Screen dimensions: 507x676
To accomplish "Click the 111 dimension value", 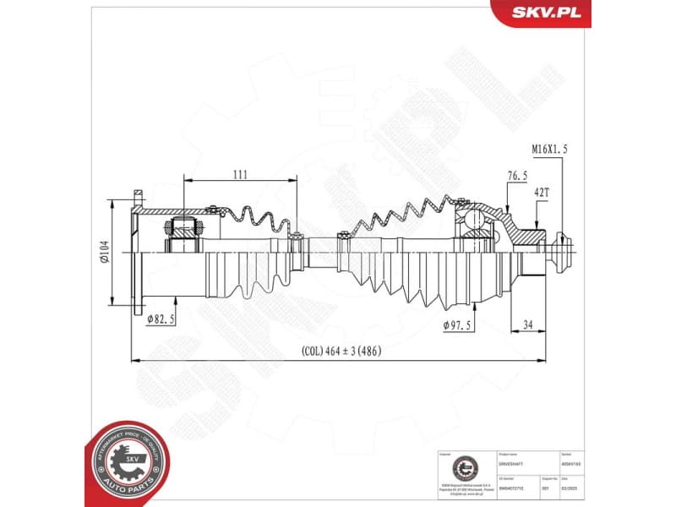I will [240, 174].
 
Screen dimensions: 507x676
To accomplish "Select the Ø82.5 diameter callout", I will [160, 319].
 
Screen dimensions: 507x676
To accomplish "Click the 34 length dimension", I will [527, 324].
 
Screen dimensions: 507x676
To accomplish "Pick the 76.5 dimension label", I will [517, 176].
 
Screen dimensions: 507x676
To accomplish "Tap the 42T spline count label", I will [541, 193].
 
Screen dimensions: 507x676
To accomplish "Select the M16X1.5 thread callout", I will [549, 149].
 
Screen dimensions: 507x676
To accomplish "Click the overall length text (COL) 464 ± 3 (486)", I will [341, 352].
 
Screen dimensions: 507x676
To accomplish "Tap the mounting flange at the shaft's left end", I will [136, 252].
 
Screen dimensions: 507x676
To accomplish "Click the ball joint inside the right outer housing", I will [475, 221].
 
